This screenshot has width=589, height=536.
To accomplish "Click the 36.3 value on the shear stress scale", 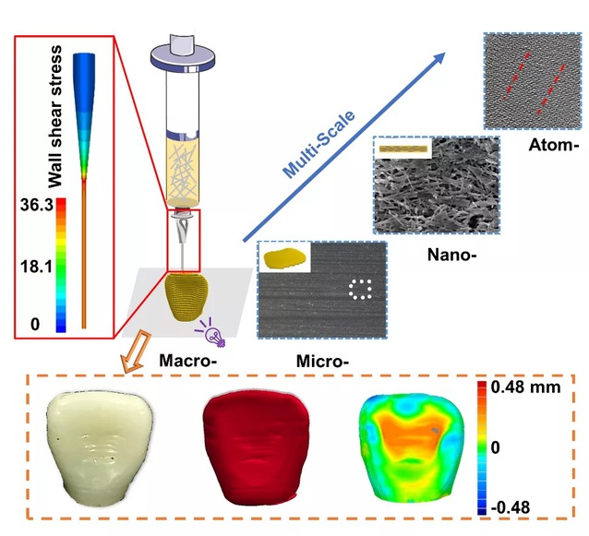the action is [36, 205].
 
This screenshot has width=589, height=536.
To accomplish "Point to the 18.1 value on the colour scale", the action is [36, 267].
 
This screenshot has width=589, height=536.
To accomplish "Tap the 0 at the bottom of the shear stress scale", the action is [35, 324].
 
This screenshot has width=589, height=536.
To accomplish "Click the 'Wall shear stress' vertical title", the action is [55, 116].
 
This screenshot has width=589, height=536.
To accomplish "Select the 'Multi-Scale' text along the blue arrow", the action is [319, 144].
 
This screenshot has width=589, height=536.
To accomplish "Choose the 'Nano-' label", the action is [451, 255].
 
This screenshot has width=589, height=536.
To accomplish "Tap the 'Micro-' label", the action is [323, 362].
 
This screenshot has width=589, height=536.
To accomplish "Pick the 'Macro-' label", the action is [188, 361].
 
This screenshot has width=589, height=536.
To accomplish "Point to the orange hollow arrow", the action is [137, 351].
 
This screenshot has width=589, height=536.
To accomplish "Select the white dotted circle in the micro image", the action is [360, 290].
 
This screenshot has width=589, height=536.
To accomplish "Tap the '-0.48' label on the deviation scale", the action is [511, 507].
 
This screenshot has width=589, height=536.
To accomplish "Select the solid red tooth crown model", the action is [256, 447].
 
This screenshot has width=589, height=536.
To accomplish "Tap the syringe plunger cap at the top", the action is [184, 54].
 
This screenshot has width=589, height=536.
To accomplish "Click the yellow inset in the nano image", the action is [403, 149].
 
